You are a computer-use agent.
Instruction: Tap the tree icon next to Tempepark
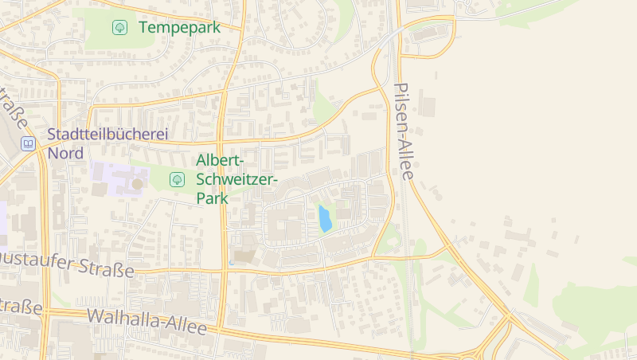tap(119, 27)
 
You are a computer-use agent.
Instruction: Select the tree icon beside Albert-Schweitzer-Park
tap(177, 180)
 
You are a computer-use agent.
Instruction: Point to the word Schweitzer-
tap(236, 179)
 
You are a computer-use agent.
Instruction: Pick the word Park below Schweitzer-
tap(212, 198)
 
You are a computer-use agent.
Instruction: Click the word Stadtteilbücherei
tap(107, 135)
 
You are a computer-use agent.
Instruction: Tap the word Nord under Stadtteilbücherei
tap(65, 153)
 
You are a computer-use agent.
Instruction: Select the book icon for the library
tap(28, 144)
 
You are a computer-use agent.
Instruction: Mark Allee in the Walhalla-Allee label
tap(188, 327)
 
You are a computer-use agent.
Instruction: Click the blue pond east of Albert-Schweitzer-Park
tap(324, 218)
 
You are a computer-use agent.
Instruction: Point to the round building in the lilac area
tap(137, 184)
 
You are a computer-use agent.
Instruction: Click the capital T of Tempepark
tap(144, 27)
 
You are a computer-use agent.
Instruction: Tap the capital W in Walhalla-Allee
tap(95, 315)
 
